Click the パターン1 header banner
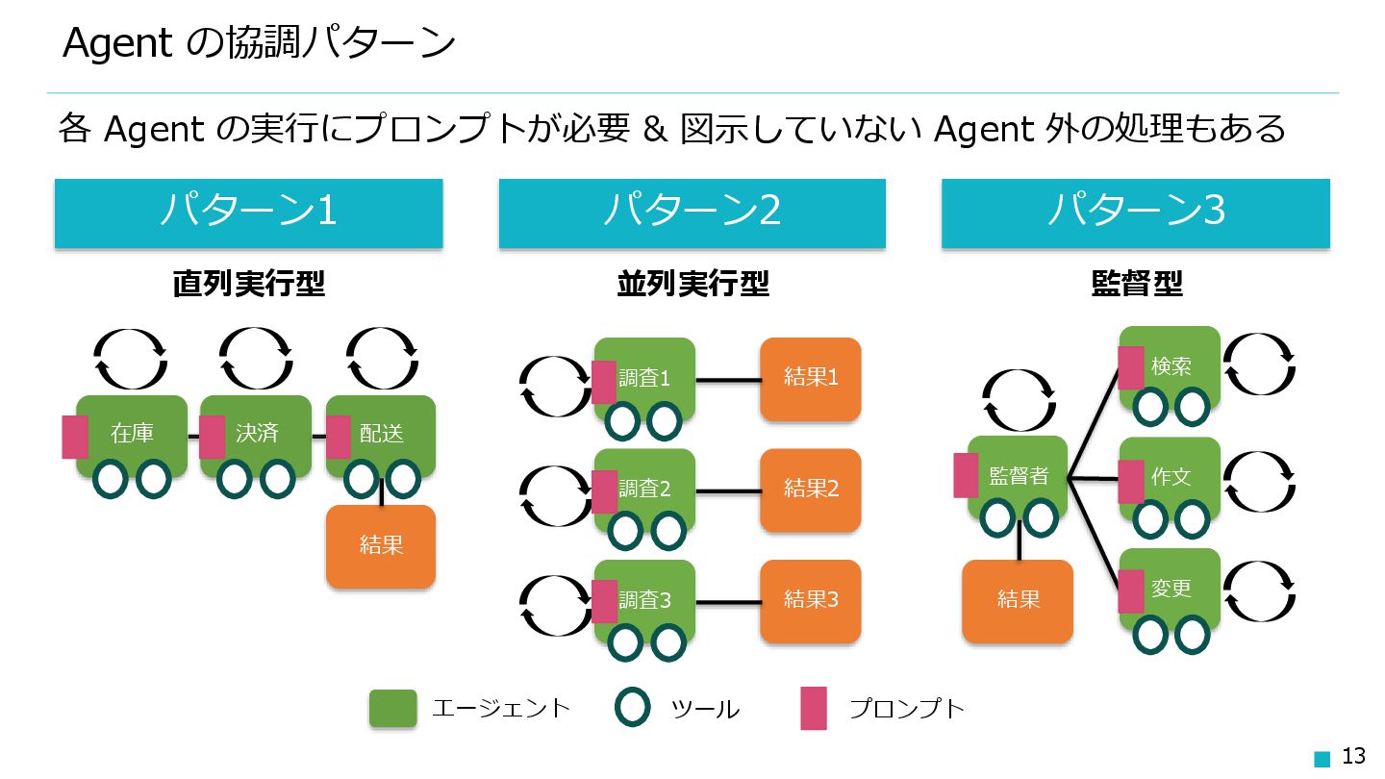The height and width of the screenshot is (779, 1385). point(248,213)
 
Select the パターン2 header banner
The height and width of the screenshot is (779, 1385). point(692,213)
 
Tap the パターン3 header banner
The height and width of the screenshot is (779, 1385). point(1135,213)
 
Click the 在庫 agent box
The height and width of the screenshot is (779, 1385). point(132,432)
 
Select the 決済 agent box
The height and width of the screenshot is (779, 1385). point(257,432)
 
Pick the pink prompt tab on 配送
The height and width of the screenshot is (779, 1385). point(339,437)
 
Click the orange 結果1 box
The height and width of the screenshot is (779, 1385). point(810,378)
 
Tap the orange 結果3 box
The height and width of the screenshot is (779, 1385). point(810,600)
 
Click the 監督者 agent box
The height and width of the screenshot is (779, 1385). point(1018,475)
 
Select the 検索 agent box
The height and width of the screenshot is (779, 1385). point(1171,366)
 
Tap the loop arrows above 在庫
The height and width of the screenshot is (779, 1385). point(132,358)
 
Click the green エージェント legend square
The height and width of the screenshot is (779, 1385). point(392,709)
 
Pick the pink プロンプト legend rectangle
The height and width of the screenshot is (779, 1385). point(814,709)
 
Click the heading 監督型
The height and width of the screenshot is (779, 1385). point(1136,284)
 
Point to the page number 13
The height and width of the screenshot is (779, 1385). point(1353,756)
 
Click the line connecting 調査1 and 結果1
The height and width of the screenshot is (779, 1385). point(727,379)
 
